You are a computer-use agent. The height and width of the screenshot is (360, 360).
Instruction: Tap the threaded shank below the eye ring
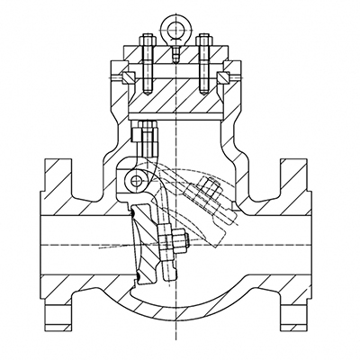tap(173, 49)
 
